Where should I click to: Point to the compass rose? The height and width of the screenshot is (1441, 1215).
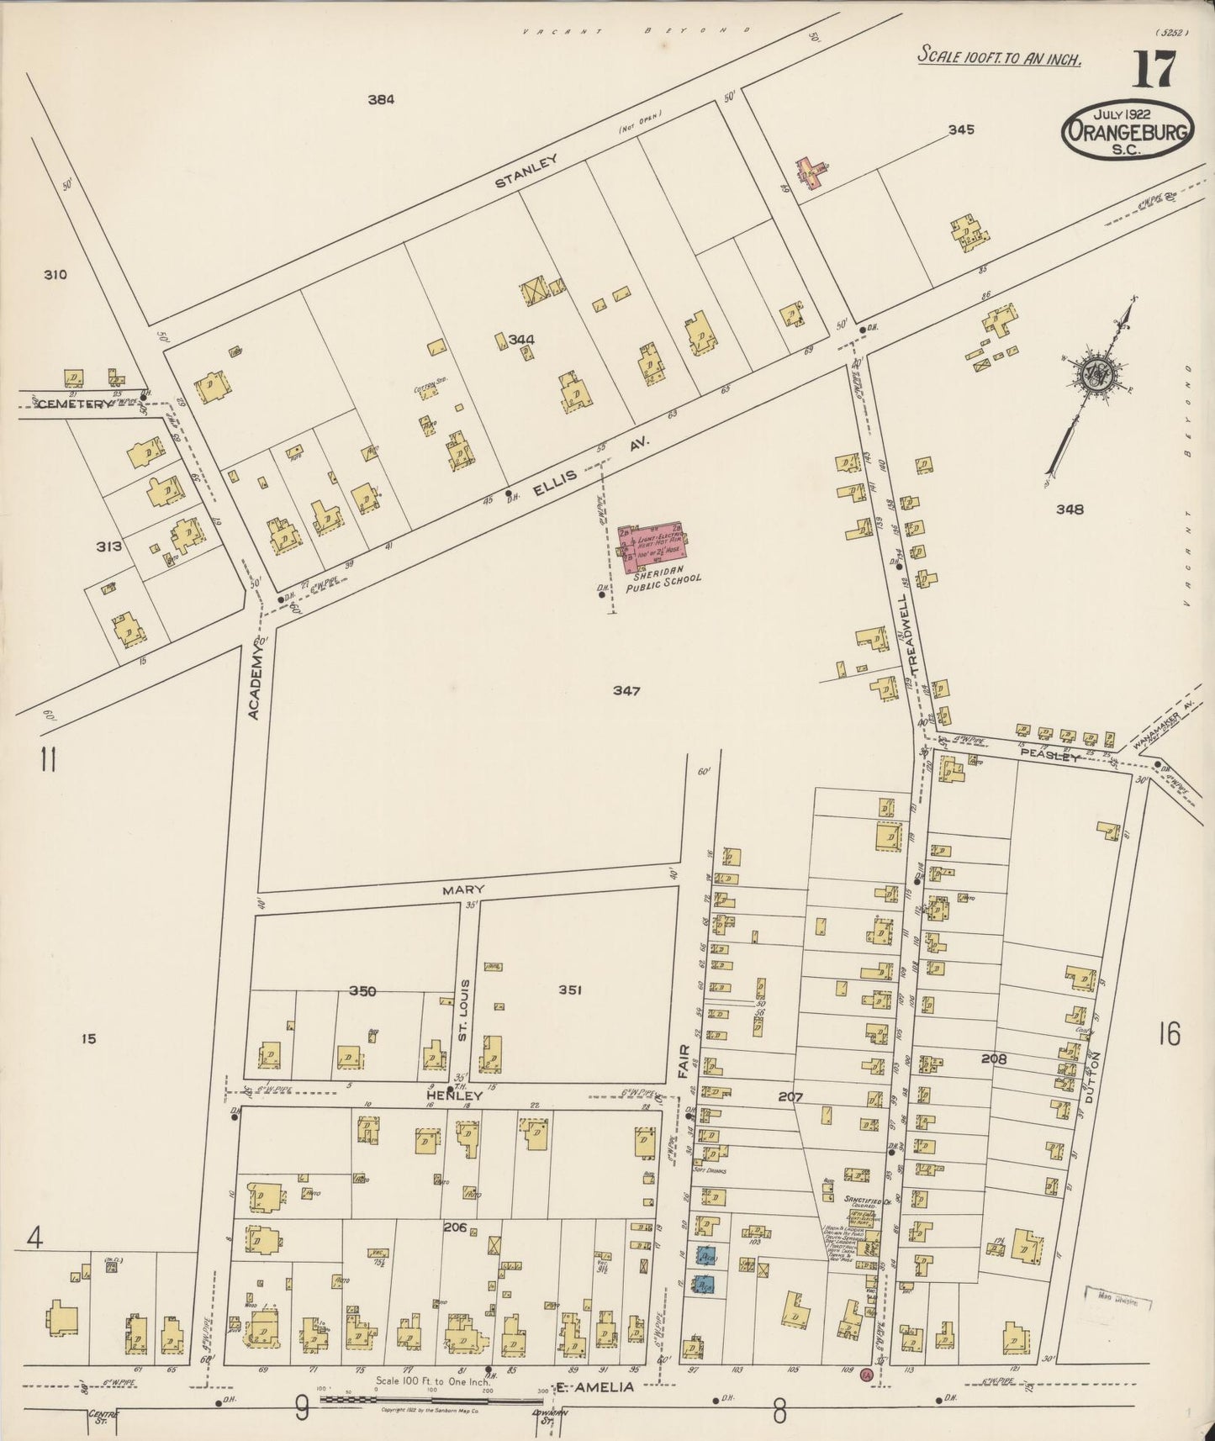[x=1095, y=373]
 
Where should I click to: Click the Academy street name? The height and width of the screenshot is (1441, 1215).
[x=256, y=687]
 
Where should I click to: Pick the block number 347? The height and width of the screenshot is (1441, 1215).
[x=626, y=690]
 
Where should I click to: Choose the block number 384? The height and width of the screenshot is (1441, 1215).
[x=381, y=99]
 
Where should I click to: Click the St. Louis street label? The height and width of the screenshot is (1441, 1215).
[x=462, y=1010]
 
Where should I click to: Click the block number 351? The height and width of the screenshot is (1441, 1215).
[x=569, y=990]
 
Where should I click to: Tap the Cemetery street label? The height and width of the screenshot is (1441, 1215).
[x=73, y=404]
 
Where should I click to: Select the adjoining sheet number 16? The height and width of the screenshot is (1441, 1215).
[x=1170, y=1033]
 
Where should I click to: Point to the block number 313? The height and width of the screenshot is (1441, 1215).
[x=108, y=546]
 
